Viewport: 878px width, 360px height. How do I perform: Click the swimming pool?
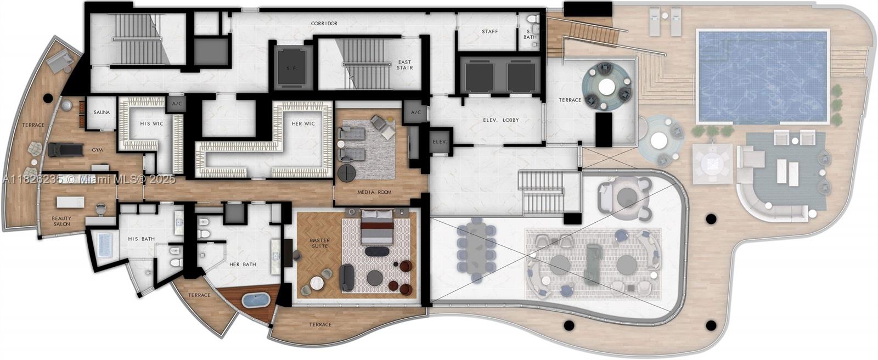pos(762,76)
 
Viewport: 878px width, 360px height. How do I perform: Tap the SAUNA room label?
pos(102,113)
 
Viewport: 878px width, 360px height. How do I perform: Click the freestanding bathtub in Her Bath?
pos(256,301)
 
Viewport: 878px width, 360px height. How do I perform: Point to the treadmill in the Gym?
pos(65,149)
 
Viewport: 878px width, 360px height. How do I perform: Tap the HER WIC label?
pos(303,123)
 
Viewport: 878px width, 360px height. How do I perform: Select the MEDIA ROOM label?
pos(374,192)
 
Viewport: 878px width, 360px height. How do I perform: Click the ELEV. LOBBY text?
pos(500,120)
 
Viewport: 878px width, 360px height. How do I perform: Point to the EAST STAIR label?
pos(404,65)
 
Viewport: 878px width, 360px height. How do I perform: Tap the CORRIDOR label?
pos(324,24)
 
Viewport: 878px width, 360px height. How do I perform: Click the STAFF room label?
pos(489,31)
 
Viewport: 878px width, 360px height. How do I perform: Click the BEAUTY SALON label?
pos(61,221)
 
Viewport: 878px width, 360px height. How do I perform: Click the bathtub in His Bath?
pos(105,244)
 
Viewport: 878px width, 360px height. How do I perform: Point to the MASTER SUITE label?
pos(319,243)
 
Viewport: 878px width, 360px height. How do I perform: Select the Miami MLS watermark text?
pos(88,179)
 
